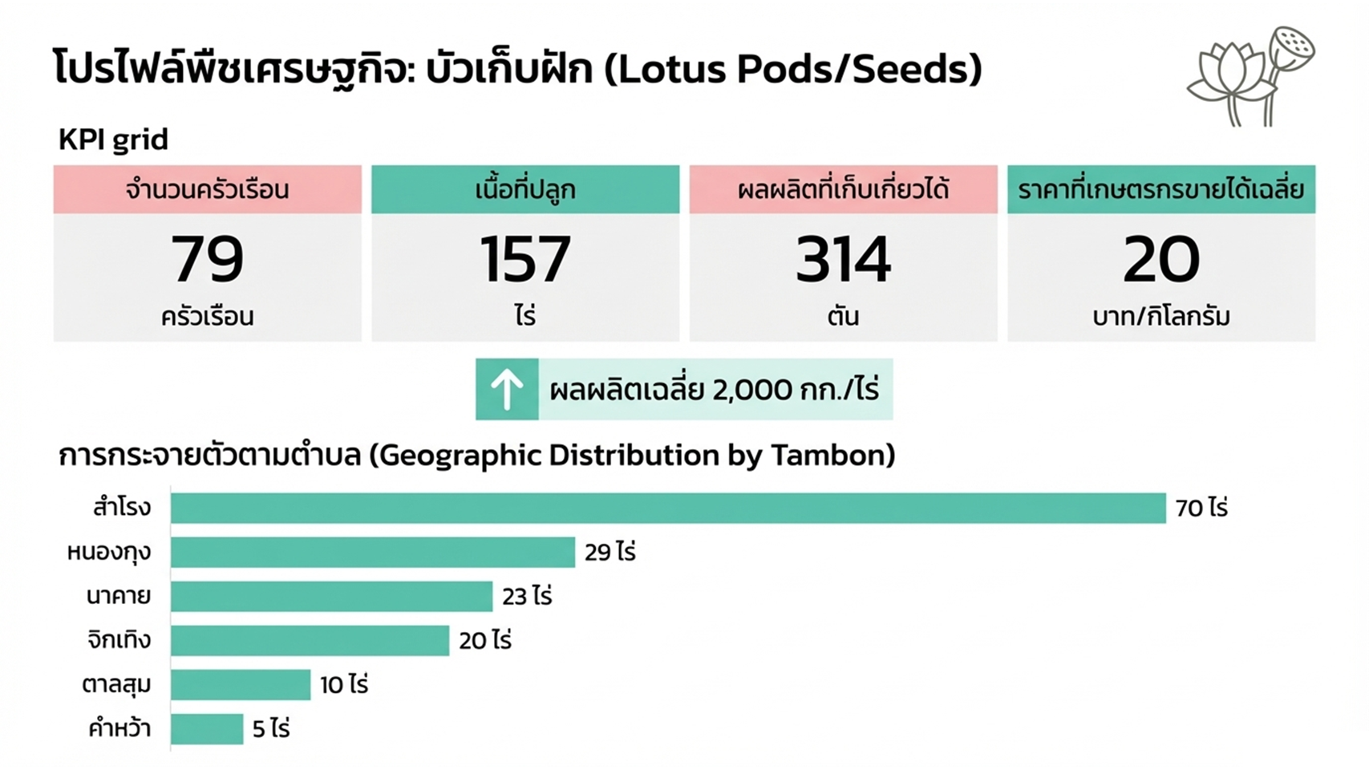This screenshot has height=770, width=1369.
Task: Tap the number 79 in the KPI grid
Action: [x=207, y=260]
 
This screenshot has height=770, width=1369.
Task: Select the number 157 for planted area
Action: [x=525, y=260]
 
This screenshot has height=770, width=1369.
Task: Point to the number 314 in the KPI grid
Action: [x=842, y=260]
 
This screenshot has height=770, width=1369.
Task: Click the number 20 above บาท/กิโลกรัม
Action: [x=1160, y=260]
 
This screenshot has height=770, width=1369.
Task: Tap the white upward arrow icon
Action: [x=506, y=389]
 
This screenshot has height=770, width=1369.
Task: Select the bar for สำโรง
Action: [x=667, y=509]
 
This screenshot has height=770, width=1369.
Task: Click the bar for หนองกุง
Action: [x=372, y=553]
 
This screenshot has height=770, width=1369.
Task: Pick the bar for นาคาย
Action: [x=331, y=597]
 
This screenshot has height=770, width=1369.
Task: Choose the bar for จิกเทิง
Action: [x=310, y=641]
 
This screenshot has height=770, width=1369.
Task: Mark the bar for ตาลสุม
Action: [x=240, y=685]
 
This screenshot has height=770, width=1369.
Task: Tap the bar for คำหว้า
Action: [x=206, y=729]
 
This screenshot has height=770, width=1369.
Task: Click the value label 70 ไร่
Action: [x=1201, y=509]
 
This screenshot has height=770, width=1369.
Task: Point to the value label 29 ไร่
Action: [x=610, y=553]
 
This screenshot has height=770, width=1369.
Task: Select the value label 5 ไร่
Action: [x=271, y=729]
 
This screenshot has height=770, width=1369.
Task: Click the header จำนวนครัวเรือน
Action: [x=207, y=190]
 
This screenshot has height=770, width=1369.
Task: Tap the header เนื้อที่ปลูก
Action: [x=525, y=190]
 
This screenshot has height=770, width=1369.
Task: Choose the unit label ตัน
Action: [x=842, y=317]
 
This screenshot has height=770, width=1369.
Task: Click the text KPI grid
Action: [x=113, y=140]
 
